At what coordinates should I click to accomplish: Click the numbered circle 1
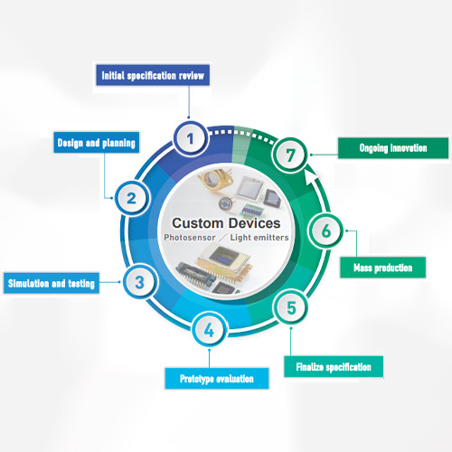pyautogui.click(x=191, y=139)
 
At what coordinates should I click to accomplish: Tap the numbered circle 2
pyautogui.click(x=132, y=198)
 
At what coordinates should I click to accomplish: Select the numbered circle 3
pyautogui.click(x=140, y=282)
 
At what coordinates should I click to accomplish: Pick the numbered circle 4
pyautogui.click(x=209, y=330)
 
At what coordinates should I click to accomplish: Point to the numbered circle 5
pyautogui.click(x=291, y=307)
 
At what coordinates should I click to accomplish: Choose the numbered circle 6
pyautogui.click(x=326, y=231)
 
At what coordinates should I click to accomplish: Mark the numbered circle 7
pyautogui.click(x=290, y=155)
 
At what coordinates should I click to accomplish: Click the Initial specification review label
pyautogui.click(x=153, y=75)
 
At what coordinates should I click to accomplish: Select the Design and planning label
pyautogui.click(x=97, y=143)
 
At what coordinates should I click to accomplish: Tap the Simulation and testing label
pyautogui.click(x=52, y=283)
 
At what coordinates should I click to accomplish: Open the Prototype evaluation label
pyautogui.click(x=217, y=378)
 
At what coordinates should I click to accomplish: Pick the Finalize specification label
pyautogui.click(x=334, y=366)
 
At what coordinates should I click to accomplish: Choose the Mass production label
pyautogui.click(x=383, y=268)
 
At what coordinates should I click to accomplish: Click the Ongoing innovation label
pyautogui.click(x=393, y=148)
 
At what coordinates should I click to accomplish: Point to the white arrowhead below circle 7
pyautogui.click(x=310, y=176)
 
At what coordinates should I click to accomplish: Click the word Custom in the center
pyautogui.click(x=197, y=223)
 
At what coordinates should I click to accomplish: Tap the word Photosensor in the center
pyautogui.click(x=190, y=238)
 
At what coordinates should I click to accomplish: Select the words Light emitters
pyautogui.click(x=259, y=238)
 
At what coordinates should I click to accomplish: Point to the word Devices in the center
pyautogui.click(x=254, y=223)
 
